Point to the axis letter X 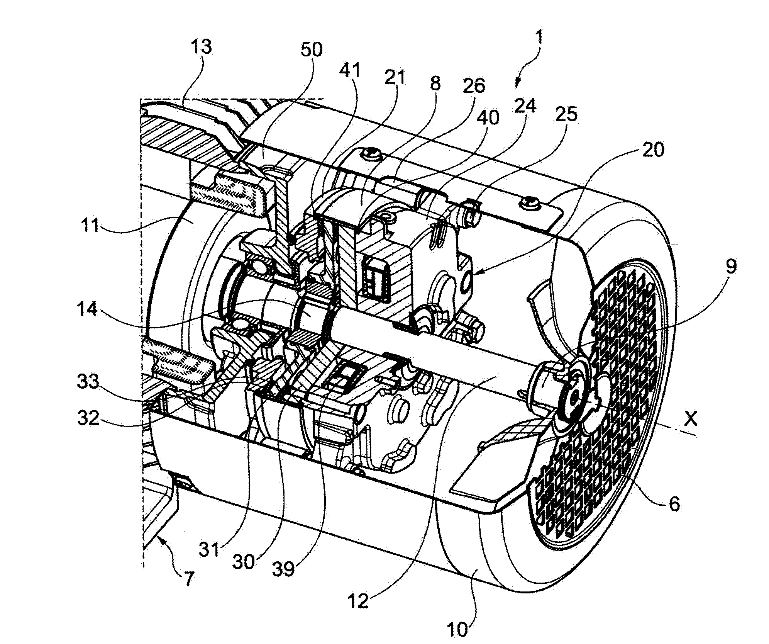tap(691, 418)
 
